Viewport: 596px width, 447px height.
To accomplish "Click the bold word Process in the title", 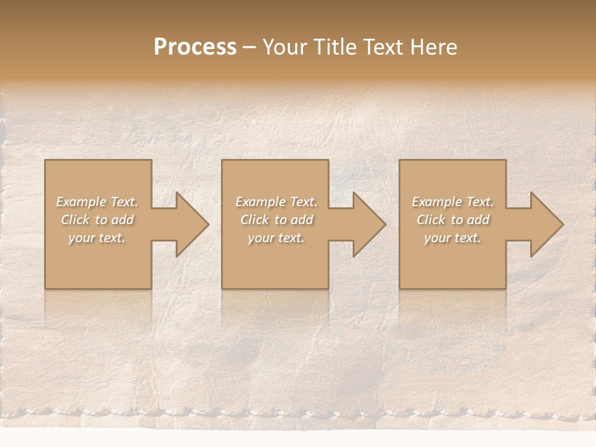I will click(195, 47).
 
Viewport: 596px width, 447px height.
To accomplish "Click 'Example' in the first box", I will click(81, 202).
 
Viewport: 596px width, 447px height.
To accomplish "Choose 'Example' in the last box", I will click(437, 202).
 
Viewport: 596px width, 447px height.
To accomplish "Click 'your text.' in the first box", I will click(97, 238).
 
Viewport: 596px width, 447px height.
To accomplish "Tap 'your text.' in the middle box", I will click(276, 238).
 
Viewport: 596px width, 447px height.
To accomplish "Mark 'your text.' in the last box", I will click(453, 238).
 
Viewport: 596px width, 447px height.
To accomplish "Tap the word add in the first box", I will click(123, 220).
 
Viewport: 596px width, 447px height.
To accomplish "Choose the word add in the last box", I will click(479, 220).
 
